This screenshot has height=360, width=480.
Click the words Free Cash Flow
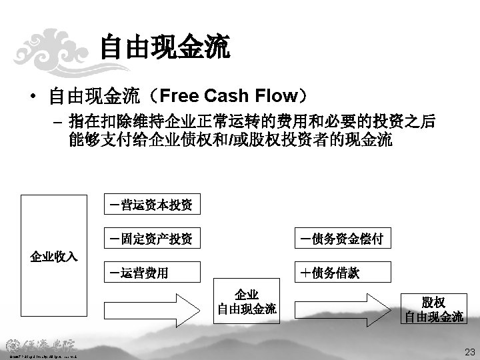[227, 96]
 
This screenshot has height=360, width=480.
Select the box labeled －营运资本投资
[150, 205]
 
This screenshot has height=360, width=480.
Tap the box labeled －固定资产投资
[150, 238]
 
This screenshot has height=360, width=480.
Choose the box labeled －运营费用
[150, 271]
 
